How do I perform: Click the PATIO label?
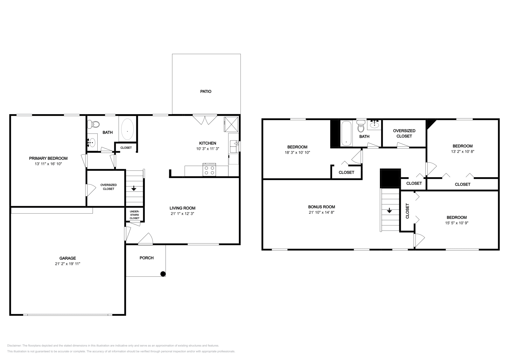tap(206, 91)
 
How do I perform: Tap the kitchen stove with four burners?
tap(209, 170)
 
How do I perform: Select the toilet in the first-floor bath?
tap(93, 123)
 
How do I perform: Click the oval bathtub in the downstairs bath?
tap(127, 130)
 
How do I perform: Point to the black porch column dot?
tap(163, 273)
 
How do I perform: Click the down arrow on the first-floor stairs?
tap(134, 188)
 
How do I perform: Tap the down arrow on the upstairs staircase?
tap(389, 211)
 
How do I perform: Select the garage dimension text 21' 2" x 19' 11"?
tap(67, 264)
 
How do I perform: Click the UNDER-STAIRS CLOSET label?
tap(134, 215)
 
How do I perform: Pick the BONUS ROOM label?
tap(321, 207)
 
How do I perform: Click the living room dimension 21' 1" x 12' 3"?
tap(182, 214)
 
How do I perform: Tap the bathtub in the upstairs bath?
tap(346, 133)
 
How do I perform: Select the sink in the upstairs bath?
tap(374, 124)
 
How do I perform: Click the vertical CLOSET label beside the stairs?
tap(408, 211)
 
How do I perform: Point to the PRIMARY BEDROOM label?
tap(48, 158)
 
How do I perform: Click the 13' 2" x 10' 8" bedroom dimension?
tap(463, 152)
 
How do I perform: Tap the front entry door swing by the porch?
tap(146, 239)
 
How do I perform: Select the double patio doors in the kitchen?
tap(205, 120)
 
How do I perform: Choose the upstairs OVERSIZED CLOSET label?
tap(404, 133)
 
